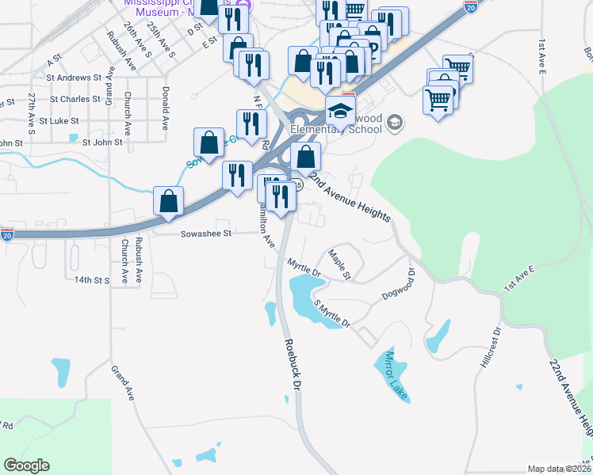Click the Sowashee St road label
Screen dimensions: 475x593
(x=205, y=234)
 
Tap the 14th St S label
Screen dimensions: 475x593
(x=90, y=280)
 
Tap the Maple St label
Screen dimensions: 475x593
(x=339, y=264)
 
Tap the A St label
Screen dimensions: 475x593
(x=54, y=59)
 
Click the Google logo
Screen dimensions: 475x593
(x=26, y=465)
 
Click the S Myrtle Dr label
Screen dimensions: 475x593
(x=331, y=313)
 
